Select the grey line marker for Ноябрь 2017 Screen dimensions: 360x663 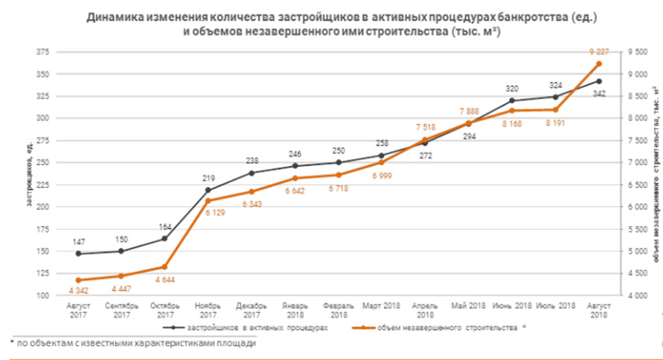[208, 189]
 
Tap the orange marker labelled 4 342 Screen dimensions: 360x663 [79, 281]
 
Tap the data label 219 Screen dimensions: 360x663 [208, 178]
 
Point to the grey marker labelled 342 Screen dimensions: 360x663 [599, 81]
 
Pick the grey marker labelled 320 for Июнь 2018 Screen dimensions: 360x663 [512, 101]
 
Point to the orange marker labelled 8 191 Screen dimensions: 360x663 [555, 110]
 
